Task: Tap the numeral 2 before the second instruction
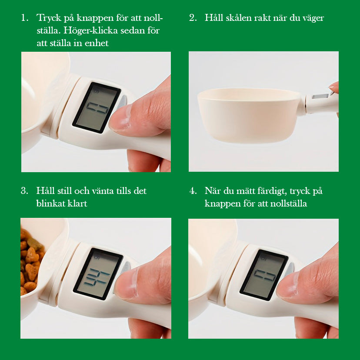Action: coord(192,18)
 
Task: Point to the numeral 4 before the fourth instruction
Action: coord(192,191)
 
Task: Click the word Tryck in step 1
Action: coord(49,18)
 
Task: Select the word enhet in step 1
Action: coord(97,43)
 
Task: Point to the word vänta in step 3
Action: coord(103,191)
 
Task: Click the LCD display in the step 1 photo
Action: coord(97,107)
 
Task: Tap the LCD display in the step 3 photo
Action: coord(98,273)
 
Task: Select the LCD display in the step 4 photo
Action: coord(264,275)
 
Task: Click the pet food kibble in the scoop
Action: coord(31,262)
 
